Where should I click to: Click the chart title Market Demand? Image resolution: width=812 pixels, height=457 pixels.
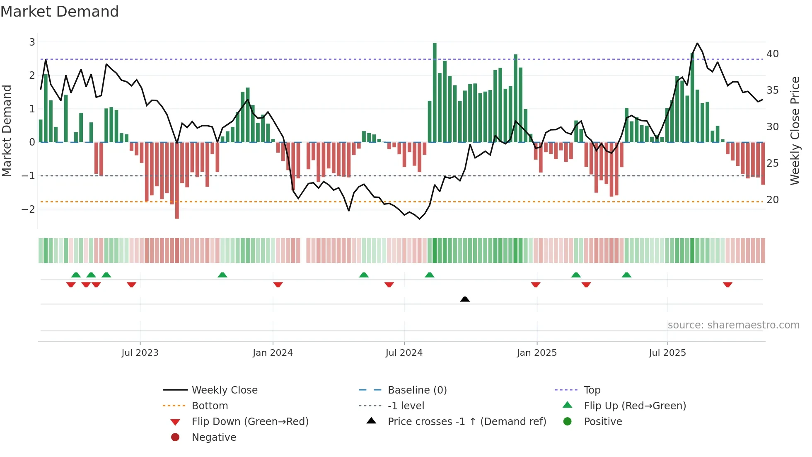[x=60, y=12]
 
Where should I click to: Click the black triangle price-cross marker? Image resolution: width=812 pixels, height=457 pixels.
[x=465, y=299]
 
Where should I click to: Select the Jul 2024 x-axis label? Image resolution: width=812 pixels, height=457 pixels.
[x=404, y=352]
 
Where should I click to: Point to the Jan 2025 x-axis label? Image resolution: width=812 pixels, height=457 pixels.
[x=536, y=352]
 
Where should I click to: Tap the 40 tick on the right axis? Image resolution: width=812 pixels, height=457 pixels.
[x=773, y=53]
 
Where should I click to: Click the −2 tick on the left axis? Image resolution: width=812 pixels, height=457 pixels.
[x=28, y=209]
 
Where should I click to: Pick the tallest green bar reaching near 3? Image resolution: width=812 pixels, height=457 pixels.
[x=435, y=91]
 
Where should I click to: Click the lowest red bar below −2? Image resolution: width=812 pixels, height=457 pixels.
[x=177, y=182]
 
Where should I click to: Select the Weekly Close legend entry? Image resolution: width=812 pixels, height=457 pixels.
[x=224, y=390]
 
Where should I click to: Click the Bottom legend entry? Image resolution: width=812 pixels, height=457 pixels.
[x=210, y=406]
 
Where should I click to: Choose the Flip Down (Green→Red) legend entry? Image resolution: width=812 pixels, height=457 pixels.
[x=250, y=421]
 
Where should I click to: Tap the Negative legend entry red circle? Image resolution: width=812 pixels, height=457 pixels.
[x=175, y=437]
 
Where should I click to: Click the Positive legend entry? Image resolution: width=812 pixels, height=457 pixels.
[x=603, y=421]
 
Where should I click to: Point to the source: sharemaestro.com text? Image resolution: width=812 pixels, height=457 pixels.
[x=733, y=325]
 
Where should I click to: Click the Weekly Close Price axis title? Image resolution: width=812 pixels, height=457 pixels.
[x=795, y=131]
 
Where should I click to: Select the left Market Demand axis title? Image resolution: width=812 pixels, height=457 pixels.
[x=7, y=131]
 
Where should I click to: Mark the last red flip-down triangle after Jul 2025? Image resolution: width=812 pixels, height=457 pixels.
[x=727, y=284]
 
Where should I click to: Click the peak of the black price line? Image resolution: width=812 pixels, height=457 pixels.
[x=697, y=43]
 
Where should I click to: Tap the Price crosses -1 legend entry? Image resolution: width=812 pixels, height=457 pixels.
[x=466, y=421]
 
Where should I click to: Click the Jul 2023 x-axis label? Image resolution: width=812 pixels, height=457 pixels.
[x=140, y=352]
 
